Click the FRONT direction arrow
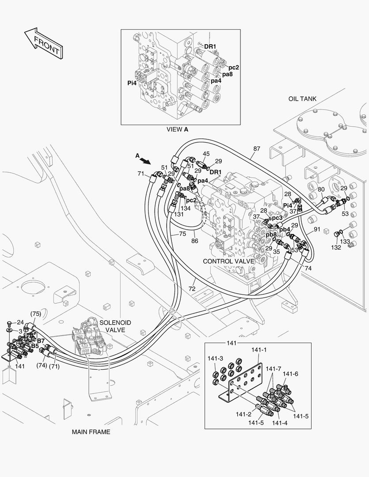tap(42, 44)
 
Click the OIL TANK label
tap(302, 99)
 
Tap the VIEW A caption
tap(177, 129)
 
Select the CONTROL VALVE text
tap(228, 261)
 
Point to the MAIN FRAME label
tap(91, 432)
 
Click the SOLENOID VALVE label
tap(115, 326)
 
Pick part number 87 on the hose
tap(257, 149)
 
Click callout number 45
tap(206, 154)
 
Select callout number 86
tap(194, 241)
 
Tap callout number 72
tap(192, 288)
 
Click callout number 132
tap(336, 247)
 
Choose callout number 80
tap(321, 189)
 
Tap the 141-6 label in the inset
tap(290, 374)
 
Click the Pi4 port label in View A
tap(132, 83)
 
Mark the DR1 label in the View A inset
tap(210, 46)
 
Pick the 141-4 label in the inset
tap(279, 423)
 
